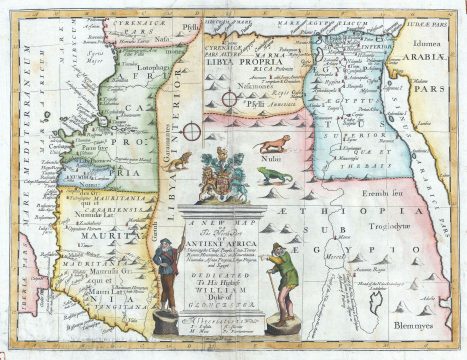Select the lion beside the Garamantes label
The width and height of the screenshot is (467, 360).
coord(176,159)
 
